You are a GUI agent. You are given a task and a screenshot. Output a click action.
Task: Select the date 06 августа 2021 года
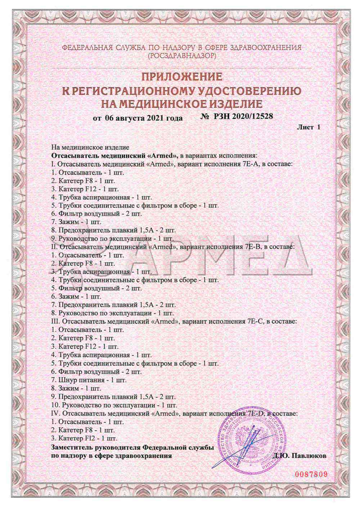138,118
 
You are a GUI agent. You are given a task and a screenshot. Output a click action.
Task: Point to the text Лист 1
309,127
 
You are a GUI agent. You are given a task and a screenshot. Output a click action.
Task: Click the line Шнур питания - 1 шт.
89,380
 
